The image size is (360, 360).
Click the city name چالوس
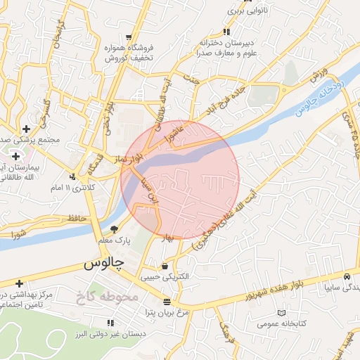tap(103, 263)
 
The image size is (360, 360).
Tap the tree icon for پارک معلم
tap(115, 229)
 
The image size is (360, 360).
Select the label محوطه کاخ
tap(107, 296)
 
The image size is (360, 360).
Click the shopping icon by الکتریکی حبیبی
tap(165, 266)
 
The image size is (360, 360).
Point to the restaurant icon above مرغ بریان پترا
tap(167, 302)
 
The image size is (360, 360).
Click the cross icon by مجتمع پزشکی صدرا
tap(26, 129)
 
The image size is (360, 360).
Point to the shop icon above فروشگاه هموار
tap(129, 37)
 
